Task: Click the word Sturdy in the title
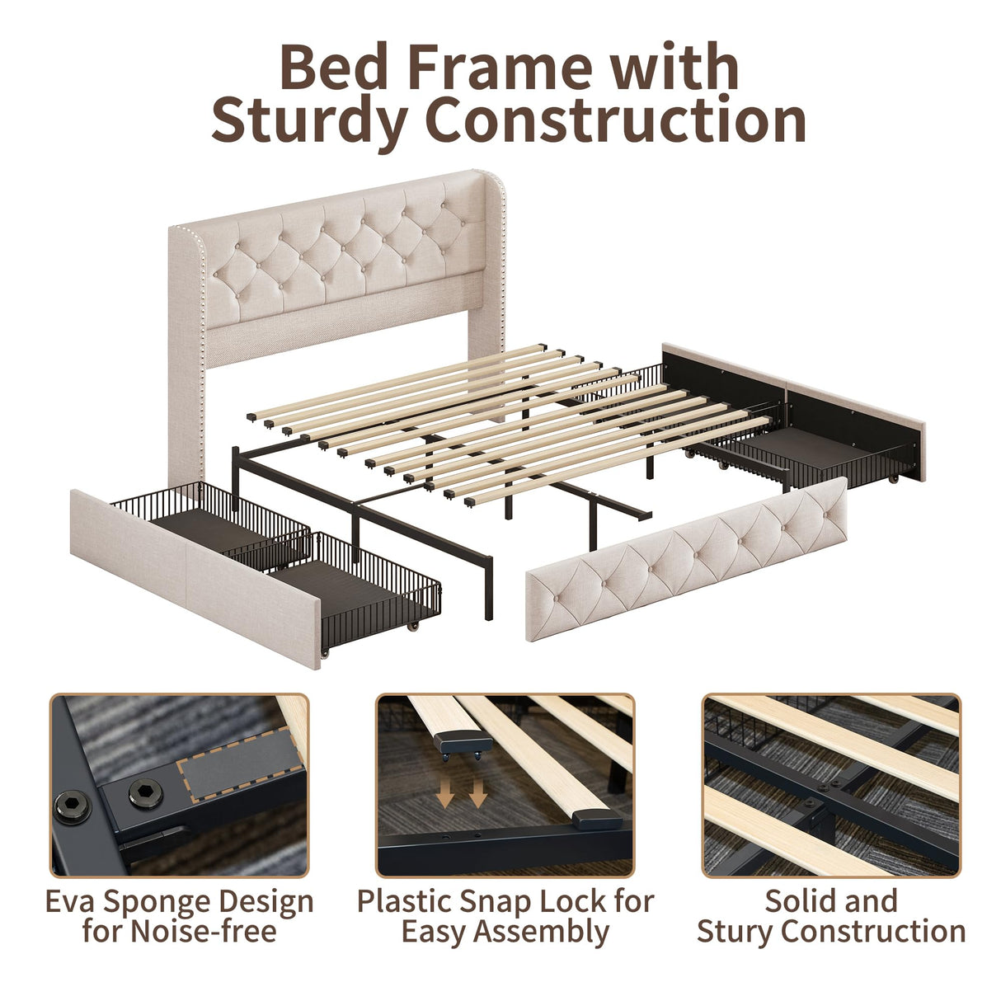pyautogui.click(x=309, y=121)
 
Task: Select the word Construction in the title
pyautogui.click(x=615, y=120)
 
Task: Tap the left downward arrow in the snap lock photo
pyautogui.click(x=445, y=794)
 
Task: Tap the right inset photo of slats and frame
pyautogui.click(x=831, y=785)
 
